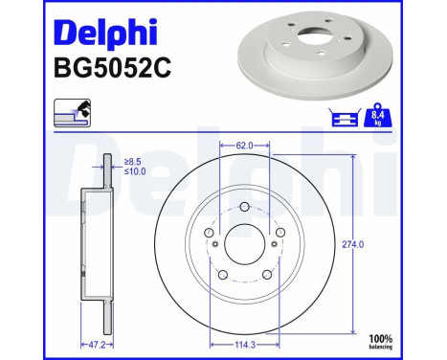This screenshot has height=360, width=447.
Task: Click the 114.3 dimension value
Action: point(245,343)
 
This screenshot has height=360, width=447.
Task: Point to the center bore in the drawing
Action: point(245,244)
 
